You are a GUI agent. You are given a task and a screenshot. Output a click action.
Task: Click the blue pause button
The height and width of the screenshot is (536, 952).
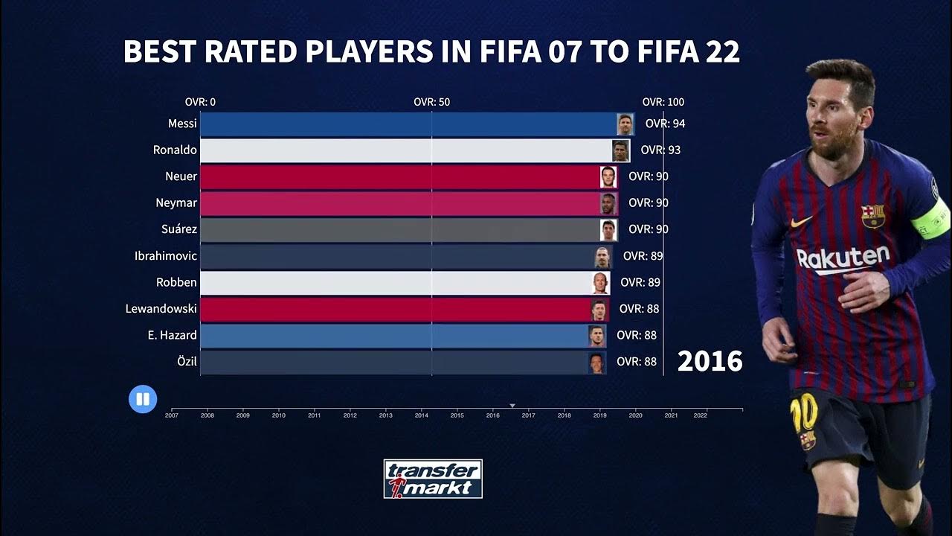coord(143,399)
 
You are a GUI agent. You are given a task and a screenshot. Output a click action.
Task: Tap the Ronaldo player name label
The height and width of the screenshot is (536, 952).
coord(175,150)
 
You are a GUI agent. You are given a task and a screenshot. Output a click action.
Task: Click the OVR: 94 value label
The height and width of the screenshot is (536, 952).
coord(665,124)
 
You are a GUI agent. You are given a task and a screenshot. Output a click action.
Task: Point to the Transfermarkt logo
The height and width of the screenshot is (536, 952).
coord(433,479)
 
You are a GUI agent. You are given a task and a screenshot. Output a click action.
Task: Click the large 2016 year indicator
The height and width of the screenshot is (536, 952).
coord(710,362)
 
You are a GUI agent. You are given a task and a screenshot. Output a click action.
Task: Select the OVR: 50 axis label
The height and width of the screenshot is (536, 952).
coord(432,102)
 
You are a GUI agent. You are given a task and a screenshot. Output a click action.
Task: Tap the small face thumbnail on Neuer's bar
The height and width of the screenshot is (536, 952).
coord(608,177)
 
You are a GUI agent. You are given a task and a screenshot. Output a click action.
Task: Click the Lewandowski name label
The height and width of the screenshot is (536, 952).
coord(161,309)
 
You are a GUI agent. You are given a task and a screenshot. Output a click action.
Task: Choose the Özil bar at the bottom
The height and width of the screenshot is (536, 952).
coord(402,363)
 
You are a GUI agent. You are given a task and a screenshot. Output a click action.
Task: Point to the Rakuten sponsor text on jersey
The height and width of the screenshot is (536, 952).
coord(843,259)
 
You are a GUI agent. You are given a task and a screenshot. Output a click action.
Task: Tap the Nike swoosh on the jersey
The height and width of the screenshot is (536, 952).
coord(801,222)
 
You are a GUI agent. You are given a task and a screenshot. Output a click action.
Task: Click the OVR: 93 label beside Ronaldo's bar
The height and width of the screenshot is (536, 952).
coord(660,150)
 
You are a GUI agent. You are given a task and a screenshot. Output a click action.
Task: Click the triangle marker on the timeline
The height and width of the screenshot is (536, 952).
coord(512,406)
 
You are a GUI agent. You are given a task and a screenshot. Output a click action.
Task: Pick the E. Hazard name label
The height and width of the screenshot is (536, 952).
coord(172,336)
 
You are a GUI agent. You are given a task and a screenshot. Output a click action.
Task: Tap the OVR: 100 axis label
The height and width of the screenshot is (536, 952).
coord(663,102)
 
